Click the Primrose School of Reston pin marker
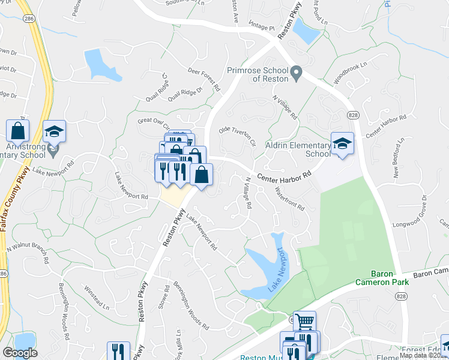coord(295,74)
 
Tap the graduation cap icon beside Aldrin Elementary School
coord(342,143)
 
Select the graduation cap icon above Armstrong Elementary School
coord(55,131)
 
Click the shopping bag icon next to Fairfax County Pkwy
coord(18,130)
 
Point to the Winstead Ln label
coord(97,298)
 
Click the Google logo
coord(20,353)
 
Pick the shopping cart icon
coord(304,322)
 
